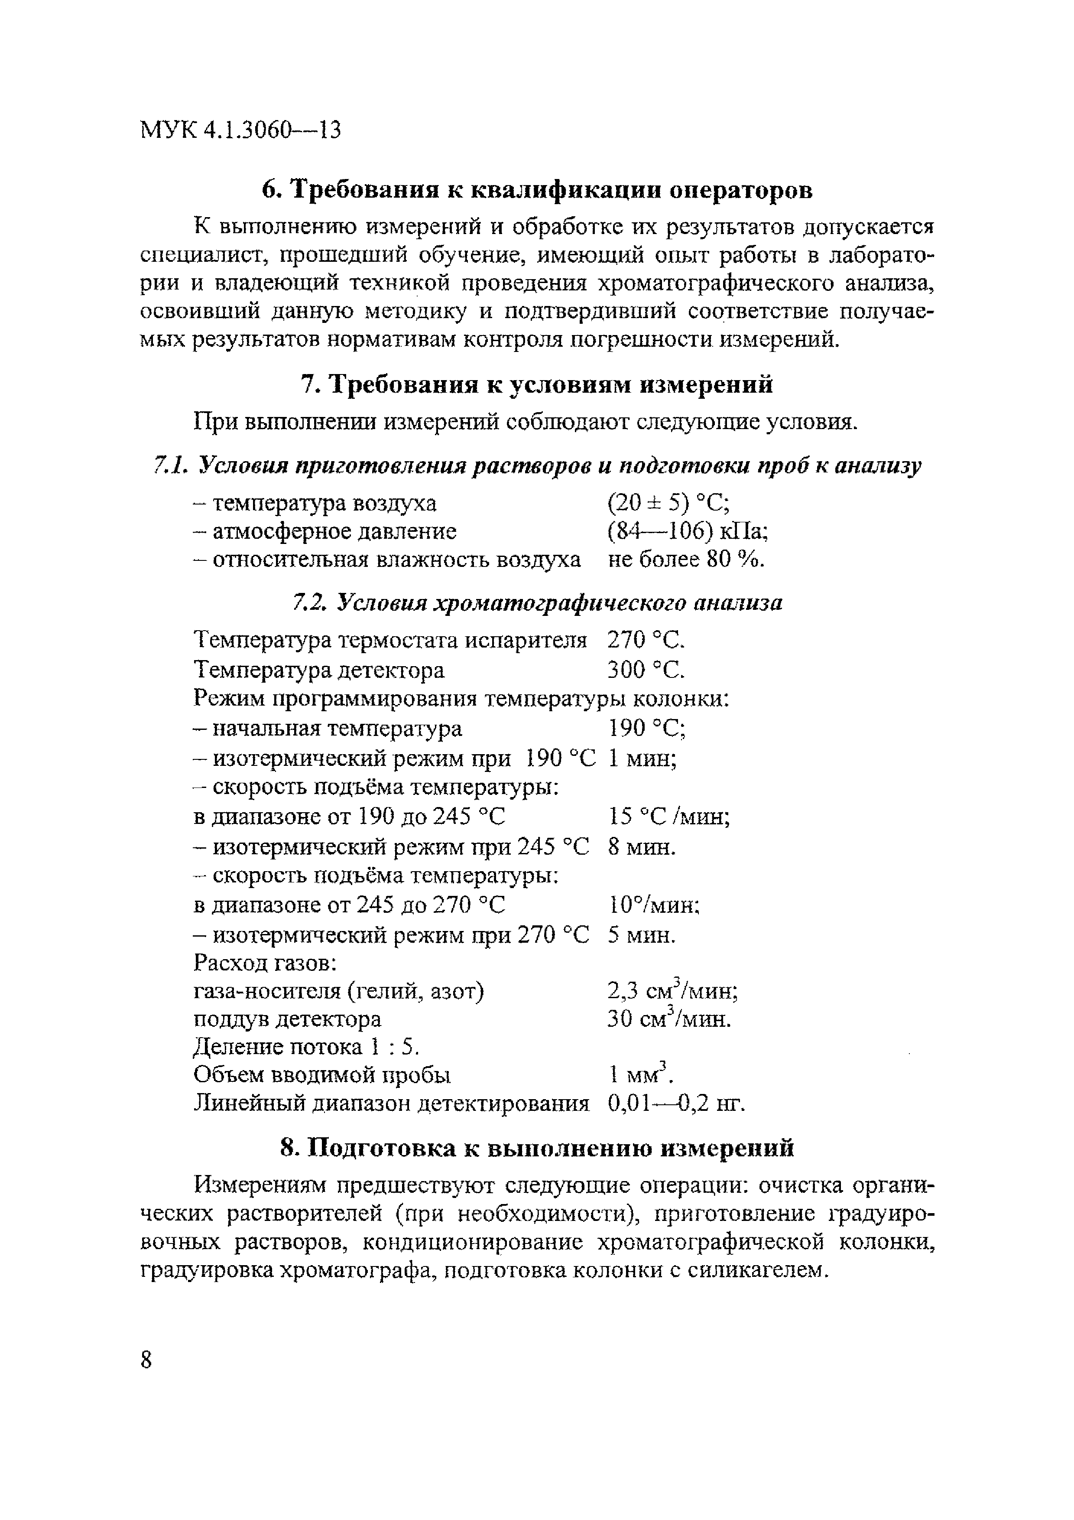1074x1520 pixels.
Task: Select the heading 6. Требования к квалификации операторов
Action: coord(537,190)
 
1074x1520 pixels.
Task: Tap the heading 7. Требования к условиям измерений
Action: coord(537,384)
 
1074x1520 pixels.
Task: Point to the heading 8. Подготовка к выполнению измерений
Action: coord(537,1147)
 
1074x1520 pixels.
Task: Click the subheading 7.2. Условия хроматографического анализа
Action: coord(537,602)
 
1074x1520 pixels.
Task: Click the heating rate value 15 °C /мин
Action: coord(669,817)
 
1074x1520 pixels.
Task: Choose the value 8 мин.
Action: coord(641,847)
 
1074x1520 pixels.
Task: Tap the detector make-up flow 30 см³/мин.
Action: coord(669,1019)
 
